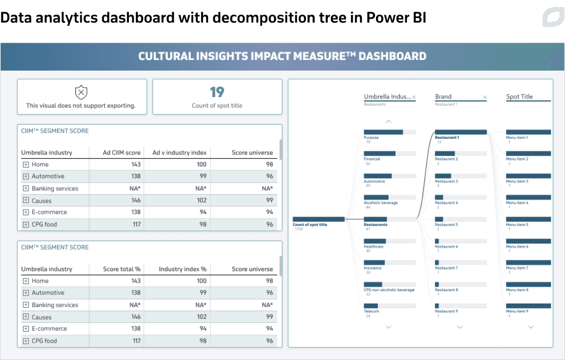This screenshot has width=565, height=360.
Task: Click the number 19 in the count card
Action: [217, 92]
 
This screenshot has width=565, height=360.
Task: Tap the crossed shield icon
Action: [81, 92]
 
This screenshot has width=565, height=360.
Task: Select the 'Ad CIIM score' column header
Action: [122, 153]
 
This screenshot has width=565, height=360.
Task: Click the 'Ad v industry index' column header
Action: [180, 153]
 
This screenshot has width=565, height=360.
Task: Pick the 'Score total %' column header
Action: [122, 269]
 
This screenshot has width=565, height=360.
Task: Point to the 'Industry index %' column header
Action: [183, 269]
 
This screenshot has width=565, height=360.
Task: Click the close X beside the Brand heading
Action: [485, 97]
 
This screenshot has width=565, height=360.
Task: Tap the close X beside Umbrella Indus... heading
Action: [414, 97]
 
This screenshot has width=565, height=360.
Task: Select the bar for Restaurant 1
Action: [460, 132]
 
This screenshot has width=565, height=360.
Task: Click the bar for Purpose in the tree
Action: [383, 132]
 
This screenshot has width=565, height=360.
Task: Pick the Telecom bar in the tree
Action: [371, 306]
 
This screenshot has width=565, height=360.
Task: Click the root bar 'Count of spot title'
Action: [318, 219]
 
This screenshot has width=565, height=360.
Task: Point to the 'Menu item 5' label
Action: [517, 225]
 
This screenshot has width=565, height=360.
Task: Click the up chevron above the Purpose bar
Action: [388, 121]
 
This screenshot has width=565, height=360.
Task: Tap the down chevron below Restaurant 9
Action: [460, 327]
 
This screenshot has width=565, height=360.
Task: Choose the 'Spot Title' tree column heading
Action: [520, 97]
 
